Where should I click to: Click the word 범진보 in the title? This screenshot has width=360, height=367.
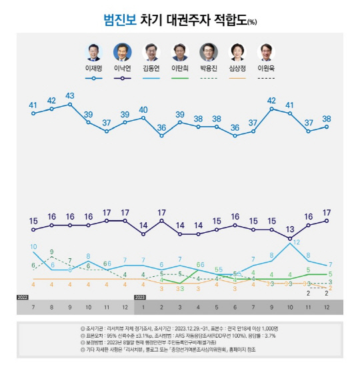119,19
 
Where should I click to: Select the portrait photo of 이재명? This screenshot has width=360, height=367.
94,51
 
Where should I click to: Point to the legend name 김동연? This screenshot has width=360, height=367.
151,68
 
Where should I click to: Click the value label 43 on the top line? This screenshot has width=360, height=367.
69,95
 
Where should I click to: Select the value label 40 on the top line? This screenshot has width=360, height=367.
143,109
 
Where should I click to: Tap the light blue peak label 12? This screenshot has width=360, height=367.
295,243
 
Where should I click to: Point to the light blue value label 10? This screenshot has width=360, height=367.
33,247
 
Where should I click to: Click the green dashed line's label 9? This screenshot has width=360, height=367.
51,252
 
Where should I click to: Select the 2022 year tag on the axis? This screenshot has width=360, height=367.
23,296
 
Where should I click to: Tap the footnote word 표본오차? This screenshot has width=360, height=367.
90,336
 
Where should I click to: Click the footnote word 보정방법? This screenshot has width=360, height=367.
90,343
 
